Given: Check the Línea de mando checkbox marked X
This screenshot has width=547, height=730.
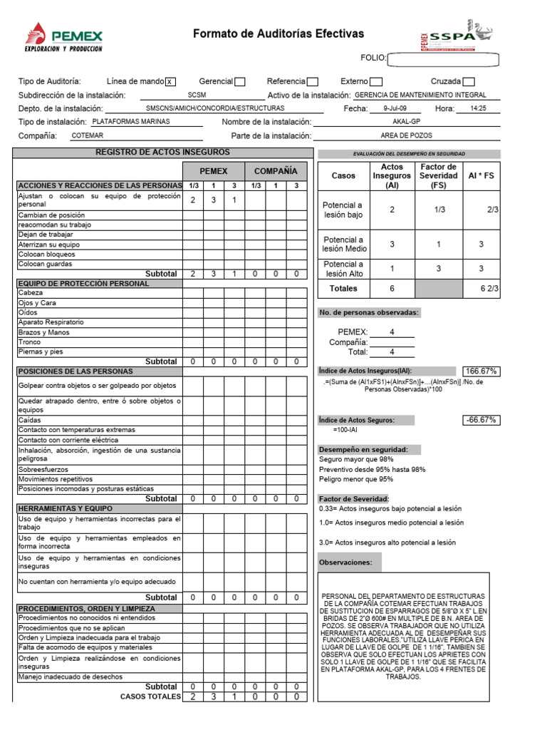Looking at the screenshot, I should tap(170, 82).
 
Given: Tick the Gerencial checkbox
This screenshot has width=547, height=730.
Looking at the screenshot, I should tap(240, 82).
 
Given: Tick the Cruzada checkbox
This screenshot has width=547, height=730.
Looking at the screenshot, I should tap(469, 82).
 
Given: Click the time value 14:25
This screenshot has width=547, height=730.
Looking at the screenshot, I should tap(479, 108).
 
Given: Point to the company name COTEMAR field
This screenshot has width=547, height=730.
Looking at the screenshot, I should tap(88, 135).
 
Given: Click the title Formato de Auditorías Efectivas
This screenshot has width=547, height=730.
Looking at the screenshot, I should tap(278, 34).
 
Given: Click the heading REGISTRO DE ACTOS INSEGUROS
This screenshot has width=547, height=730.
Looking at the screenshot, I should tap(162, 153).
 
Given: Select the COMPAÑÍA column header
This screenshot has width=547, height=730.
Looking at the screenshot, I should tap(276, 171).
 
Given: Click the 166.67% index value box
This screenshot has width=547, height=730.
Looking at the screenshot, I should tap(481, 371).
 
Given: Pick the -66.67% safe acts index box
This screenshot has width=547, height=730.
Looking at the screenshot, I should tap(481, 420).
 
